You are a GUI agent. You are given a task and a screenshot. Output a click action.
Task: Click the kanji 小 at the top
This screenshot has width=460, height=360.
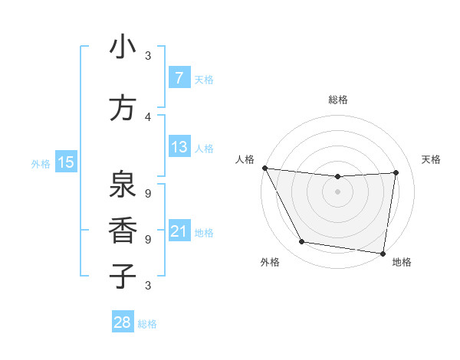click(123, 48)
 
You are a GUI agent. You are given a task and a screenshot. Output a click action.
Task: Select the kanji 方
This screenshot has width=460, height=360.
click(123, 107)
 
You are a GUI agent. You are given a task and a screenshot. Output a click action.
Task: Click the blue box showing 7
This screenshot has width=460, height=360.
click(179, 78)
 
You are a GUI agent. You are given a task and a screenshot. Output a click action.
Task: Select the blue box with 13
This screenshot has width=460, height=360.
click(179, 146)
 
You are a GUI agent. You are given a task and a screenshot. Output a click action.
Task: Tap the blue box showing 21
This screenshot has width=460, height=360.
click(179, 231)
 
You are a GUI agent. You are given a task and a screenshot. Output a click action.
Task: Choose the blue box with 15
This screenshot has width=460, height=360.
click(65, 162)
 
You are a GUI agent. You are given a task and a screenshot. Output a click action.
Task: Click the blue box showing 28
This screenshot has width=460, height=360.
click(123, 322)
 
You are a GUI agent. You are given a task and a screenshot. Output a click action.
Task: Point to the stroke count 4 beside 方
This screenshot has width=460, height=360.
click(148, 116)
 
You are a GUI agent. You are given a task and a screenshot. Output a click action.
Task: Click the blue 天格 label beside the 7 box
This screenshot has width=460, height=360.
click(204, 79)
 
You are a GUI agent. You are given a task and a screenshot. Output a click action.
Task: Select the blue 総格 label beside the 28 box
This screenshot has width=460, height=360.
click(147, 323)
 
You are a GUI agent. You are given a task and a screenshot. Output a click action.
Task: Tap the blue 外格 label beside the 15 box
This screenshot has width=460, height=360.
click(40, 163)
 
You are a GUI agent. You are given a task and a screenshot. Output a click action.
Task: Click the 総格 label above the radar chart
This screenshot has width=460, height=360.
click(338, 100)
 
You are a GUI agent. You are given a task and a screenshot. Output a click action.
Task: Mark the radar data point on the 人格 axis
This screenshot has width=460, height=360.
click(264, 168)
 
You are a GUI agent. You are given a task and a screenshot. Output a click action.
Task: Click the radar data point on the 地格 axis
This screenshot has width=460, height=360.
click(383, 253)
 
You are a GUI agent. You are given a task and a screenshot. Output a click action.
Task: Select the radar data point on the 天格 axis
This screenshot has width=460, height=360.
click(396, 172)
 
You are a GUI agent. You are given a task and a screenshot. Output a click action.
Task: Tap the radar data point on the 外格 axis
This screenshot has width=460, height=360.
click(302, 242)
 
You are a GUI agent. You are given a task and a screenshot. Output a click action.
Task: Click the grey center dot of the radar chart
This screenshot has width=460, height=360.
click(338, 191)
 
